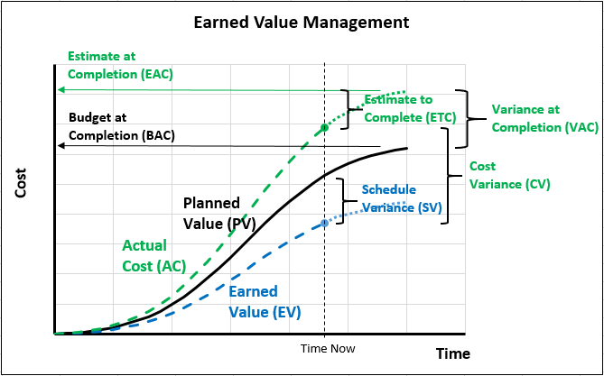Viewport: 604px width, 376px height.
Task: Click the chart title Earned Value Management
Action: pos(302,23)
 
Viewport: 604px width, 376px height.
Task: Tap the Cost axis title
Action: pos(21,183)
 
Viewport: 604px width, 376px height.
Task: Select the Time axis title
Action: pos(453,353)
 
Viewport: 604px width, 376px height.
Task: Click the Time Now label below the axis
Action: pos(328,349)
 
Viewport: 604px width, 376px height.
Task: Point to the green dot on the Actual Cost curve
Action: pos(324,127)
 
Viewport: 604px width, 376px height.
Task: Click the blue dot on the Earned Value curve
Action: pos(324,223)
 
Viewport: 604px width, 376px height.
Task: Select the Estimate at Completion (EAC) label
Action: pos(121,65)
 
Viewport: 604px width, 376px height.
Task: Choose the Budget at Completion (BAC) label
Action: pos(122,126)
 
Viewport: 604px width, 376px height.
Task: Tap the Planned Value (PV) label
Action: pos(219,213)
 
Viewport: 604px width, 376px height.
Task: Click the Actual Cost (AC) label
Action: pos(154,255)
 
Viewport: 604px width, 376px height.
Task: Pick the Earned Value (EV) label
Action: pos(265,302)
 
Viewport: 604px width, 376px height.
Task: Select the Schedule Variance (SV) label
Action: pos(402,198)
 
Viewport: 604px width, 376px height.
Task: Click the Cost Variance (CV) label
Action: pos(509,175)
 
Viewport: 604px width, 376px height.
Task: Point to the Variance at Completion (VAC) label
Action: pos(545,118)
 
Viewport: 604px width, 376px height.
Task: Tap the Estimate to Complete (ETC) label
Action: pos(410,108)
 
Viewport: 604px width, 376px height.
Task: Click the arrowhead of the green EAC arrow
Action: pos(60,90)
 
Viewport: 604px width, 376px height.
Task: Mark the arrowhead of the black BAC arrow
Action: pos(60,146)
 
